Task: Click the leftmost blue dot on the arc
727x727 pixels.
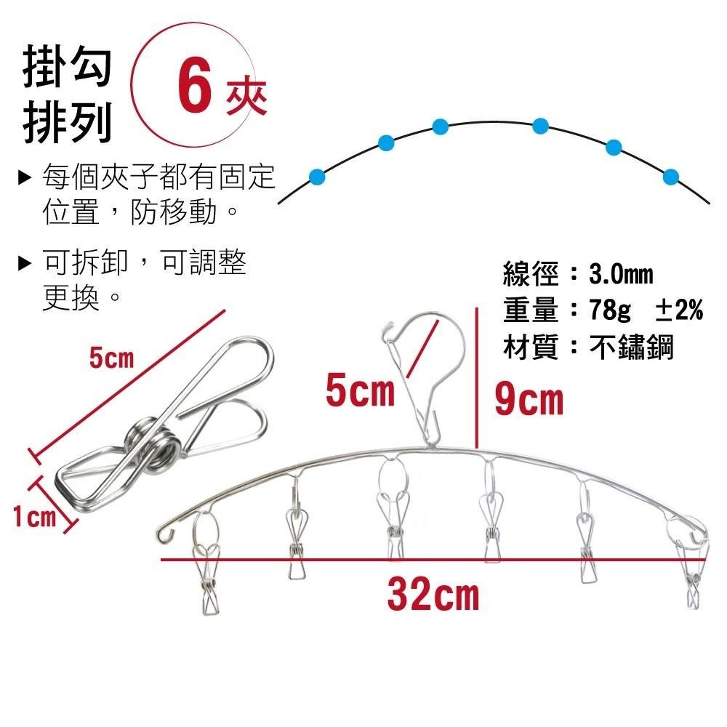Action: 316,175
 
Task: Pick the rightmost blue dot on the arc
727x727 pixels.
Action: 671,176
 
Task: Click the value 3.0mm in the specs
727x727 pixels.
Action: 621,275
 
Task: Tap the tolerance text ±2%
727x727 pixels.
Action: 679,311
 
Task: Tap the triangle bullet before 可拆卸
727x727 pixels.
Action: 25,262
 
